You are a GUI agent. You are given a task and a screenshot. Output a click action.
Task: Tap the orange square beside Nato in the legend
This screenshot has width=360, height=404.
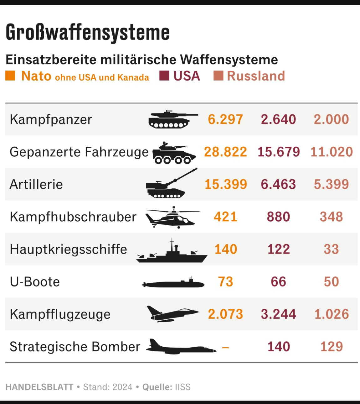tap(10, 76)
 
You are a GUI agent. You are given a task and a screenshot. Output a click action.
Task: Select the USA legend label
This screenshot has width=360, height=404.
tap(187, 76)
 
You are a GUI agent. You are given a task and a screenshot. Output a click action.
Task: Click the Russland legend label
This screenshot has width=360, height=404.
tap(256, 76)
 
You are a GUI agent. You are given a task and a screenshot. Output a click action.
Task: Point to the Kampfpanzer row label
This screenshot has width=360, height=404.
tap(51, 119)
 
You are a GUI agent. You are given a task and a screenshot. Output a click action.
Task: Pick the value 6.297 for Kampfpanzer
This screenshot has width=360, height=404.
tap(225, 119)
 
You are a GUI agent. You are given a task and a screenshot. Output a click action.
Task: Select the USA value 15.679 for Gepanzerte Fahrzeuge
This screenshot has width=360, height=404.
tap(279, 152)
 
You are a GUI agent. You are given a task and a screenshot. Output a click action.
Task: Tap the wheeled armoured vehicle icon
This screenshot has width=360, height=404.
tap(174, 153)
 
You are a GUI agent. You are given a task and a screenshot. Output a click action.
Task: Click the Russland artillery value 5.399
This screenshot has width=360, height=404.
tap(331, 184)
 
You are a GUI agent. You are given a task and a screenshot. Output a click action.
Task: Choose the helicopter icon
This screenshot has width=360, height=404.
tap(172, 218)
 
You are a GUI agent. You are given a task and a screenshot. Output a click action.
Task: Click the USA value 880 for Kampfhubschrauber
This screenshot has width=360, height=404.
tap(278, 217)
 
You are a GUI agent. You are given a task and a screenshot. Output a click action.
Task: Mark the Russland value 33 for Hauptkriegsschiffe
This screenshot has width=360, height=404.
tap(331, 249)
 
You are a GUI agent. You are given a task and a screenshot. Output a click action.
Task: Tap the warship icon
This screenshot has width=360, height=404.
tap(172, 250)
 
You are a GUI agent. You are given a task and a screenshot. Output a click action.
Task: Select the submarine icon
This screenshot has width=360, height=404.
tap(173, 282)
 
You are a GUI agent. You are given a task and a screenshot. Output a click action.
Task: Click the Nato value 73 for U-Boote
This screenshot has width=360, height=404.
tap(225, 282)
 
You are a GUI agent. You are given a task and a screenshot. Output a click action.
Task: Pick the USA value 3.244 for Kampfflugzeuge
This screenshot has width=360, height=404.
tap(278, 314)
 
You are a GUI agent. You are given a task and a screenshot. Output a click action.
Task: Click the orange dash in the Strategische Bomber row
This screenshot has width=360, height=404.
tap(225, 348)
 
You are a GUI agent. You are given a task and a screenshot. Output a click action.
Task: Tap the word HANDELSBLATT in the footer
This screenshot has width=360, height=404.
tap(39, 387)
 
